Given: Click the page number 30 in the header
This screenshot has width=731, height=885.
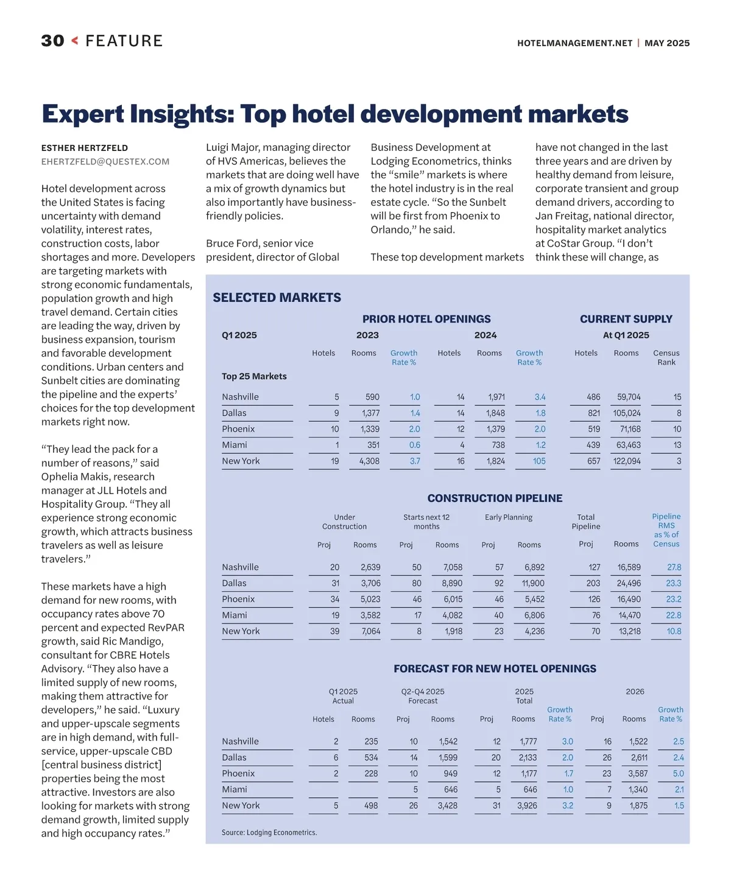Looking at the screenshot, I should pos(52,41).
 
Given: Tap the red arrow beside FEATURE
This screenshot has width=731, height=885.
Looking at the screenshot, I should pos(75,41).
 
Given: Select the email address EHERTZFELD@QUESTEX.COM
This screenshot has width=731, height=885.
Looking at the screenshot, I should pos(105,162).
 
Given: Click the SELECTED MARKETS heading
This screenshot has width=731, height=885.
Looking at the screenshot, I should pos(277,298).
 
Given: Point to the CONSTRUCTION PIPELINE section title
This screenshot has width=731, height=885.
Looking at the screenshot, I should pos(495,498).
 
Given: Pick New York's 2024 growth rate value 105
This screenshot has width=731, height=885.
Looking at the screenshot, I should pos(539,461).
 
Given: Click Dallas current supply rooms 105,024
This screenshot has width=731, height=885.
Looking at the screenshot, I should pos(627,413).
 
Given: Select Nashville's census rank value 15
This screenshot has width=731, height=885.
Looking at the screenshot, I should pos(677,397).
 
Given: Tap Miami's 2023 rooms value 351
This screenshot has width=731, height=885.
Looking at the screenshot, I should pos(373,445).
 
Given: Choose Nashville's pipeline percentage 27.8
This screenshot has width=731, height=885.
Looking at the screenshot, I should pos(674,567).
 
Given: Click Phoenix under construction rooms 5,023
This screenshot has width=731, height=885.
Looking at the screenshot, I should pos(370,599).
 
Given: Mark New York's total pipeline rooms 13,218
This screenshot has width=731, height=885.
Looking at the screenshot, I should pos(629,631).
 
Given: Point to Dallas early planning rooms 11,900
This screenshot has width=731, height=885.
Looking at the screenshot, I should pos(533,583).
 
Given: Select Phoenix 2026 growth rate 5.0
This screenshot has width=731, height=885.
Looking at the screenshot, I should pos(678,774).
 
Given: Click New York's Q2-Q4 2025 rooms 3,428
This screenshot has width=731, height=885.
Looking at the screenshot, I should pos(447,805).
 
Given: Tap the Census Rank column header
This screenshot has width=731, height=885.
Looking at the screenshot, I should pos(666,357).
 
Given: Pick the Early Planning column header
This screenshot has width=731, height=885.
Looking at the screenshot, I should pos(509,517).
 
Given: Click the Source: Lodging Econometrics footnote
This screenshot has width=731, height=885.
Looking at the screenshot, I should pos(269,832).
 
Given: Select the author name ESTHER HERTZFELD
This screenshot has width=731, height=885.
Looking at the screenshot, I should pos(85,148).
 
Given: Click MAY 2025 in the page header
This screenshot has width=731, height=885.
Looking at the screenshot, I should pos(667,43).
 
